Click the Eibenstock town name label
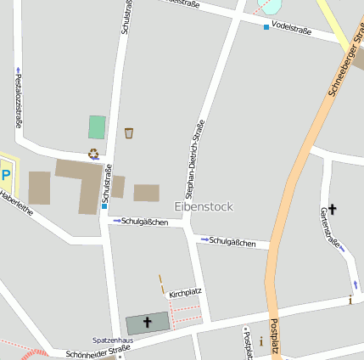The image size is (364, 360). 203,206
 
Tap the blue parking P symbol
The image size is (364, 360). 6,175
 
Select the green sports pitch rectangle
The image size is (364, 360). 97,127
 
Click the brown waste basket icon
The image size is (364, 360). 129,132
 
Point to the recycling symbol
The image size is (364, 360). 92,154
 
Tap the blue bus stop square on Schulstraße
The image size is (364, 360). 104,205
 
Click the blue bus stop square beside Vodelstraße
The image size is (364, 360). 266,27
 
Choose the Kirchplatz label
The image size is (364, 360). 185,293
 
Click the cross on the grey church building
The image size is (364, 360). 148,323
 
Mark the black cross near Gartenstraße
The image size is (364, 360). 332,208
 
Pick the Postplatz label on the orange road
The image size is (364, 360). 273,338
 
